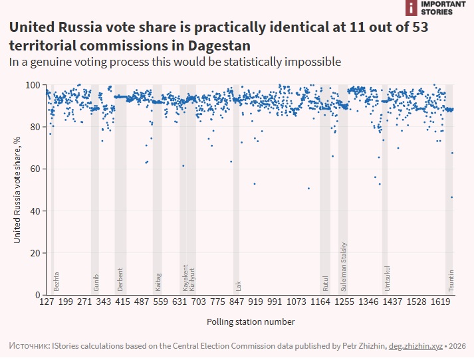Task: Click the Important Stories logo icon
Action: pos(411,7)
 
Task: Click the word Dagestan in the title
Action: pos(219,46)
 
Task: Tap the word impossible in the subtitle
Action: pos(312,62)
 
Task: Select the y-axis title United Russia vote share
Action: pos(17,190)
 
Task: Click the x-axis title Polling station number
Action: pos(251,322)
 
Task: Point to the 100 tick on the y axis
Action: pos(33,85)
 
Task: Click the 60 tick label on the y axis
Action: pos(36,169)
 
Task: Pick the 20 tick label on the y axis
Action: pos(36,253)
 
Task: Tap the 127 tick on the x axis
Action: pos(47,302)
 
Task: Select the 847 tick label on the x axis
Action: pos(237,302)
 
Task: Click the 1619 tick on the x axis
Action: pos(441,302)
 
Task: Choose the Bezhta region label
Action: pos(56,282)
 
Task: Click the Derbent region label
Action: pos(120,280)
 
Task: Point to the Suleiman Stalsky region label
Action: pos(344,266)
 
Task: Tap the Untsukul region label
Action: pos(387,279)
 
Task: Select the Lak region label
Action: pos(239,286)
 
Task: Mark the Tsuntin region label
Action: pos(451,280)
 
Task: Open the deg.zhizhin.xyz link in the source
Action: pos(415,346)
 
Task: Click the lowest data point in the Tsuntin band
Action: pos(451,197)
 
